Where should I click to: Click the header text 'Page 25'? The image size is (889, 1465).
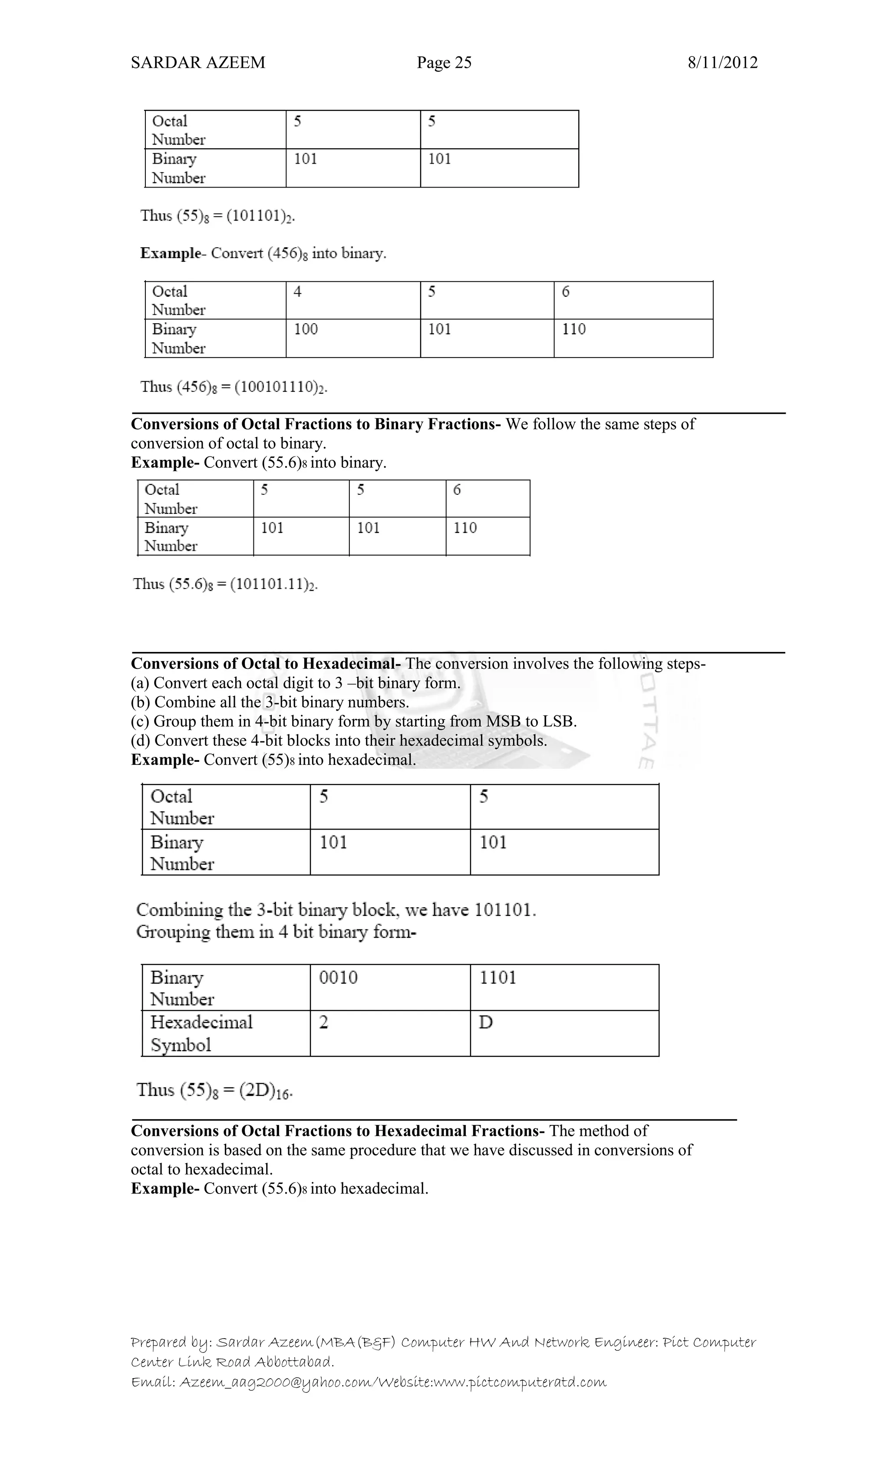pyautogui.click(x=444, y=63)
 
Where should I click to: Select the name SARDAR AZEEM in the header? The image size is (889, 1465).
pyautogui.click(x=198, y=63)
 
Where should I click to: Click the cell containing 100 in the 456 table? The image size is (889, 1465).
pyautogui.click(x=353, y=338)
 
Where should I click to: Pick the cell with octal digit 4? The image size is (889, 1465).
pyautogui.click(x=353, y=300)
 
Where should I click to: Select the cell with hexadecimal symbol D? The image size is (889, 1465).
pyautogui.click(x=564, y=1033)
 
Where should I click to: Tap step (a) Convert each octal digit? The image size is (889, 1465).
pyautogui.click(x=295, y=683)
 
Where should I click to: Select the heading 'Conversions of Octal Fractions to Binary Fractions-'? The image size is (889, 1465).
pyautogui.click(x=316, y=424)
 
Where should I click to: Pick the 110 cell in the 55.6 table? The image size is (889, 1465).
pyautogui.click(x=487, y=536)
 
